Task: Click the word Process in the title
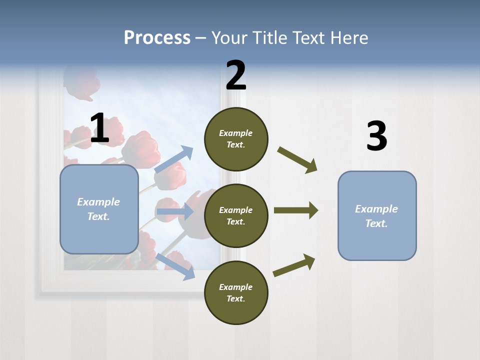tap(157, 37)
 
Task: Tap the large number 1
tap(99, 128)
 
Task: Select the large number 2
tap(236, 75)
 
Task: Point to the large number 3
tap(376, 136)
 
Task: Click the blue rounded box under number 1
tap(99, 209)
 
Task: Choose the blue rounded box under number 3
tap(377, 216)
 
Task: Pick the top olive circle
tap(236, 139)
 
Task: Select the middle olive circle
tap(236, 215)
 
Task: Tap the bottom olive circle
tap(236, 292)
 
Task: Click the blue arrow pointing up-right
tap(174, 159)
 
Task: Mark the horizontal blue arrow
tap(175, 211)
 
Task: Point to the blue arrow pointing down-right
tap(175, 266)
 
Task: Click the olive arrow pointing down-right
tap(297, 159)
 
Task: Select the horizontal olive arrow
tap(296, 210)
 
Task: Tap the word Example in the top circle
tap(235, 133)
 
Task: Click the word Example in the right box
tap(376, 209)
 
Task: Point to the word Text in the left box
tap(98, 216)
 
